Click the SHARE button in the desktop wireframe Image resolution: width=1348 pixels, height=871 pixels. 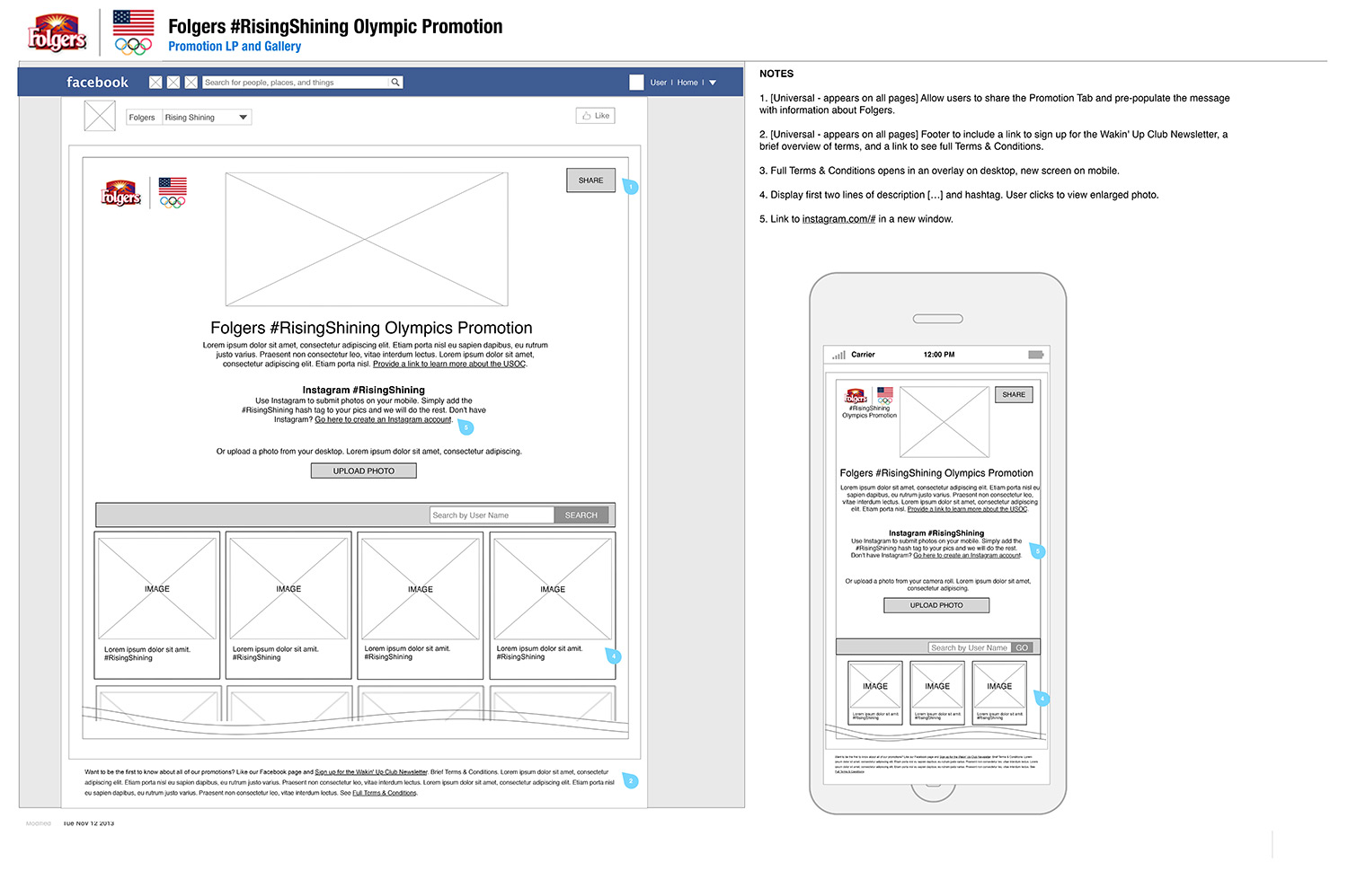click(x=590, y=180)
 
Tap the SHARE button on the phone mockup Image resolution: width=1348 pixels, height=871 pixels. click(x=1013, y=394)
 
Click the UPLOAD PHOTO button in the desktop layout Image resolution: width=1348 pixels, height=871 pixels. click(x=363, y=471)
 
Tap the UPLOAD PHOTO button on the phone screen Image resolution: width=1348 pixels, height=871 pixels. click(x=936, y=605)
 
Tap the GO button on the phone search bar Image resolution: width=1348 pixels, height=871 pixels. click(x=1022, y=647)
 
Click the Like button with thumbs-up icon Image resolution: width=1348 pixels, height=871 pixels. click(x=595, y=116)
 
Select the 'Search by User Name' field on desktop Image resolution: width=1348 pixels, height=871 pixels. click(x=492, y=515)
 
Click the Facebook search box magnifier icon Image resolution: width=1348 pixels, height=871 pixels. click(x=395, y=83)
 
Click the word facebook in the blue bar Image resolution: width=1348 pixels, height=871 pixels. click(x=97, y=83)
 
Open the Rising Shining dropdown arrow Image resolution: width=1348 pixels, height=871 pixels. click(x=243, y=118)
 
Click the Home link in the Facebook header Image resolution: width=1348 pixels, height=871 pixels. click(x=687, y=83)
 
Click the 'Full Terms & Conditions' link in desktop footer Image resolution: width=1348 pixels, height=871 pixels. click(x=385, y=793)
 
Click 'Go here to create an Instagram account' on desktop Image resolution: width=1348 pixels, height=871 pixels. click(x=383, y=419)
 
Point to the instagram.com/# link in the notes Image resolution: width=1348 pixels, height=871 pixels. click(x=838, y=219)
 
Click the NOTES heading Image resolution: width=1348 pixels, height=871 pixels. click(x=776, y=74)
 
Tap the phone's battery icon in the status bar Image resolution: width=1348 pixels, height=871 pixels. click(x=1035, y=355)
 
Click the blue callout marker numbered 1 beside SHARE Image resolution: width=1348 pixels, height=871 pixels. click(x=631, y=187)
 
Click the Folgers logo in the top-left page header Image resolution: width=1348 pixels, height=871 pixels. click(x=57, y=33)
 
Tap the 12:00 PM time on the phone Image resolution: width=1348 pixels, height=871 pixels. click(x=939, y=355)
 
